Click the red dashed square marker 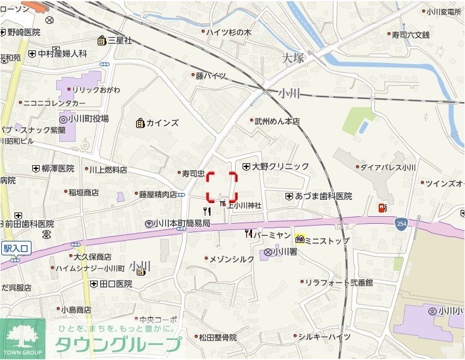[x=222, y=187]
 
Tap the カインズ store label [x=163, y=123]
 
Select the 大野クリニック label [x=280, y=166]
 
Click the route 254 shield [x=401, y=223]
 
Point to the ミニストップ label [x=327, y=240]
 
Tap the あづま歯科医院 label [x=323, y=197]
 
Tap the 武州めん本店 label [x=277, y=121]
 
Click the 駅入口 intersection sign [x=15, y=249]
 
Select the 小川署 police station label [x=284, y=252]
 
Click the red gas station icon [x=381, y=207]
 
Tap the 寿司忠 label [x=193, y=173]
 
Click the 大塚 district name [x=293, y=58]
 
